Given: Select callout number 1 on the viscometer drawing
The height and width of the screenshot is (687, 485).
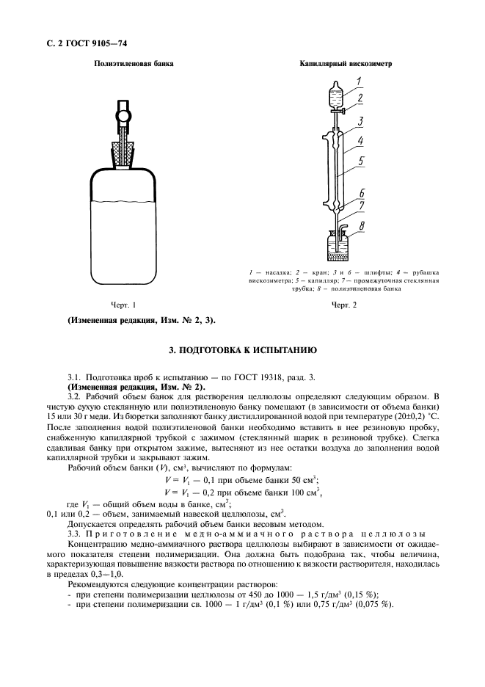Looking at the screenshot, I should (357, 81).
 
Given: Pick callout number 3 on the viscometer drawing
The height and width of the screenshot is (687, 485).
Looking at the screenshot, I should (361, 119).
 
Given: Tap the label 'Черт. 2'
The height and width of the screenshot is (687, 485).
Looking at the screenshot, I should (343, 305).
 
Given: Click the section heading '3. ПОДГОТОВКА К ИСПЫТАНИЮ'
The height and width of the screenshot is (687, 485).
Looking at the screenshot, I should (242, 351).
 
